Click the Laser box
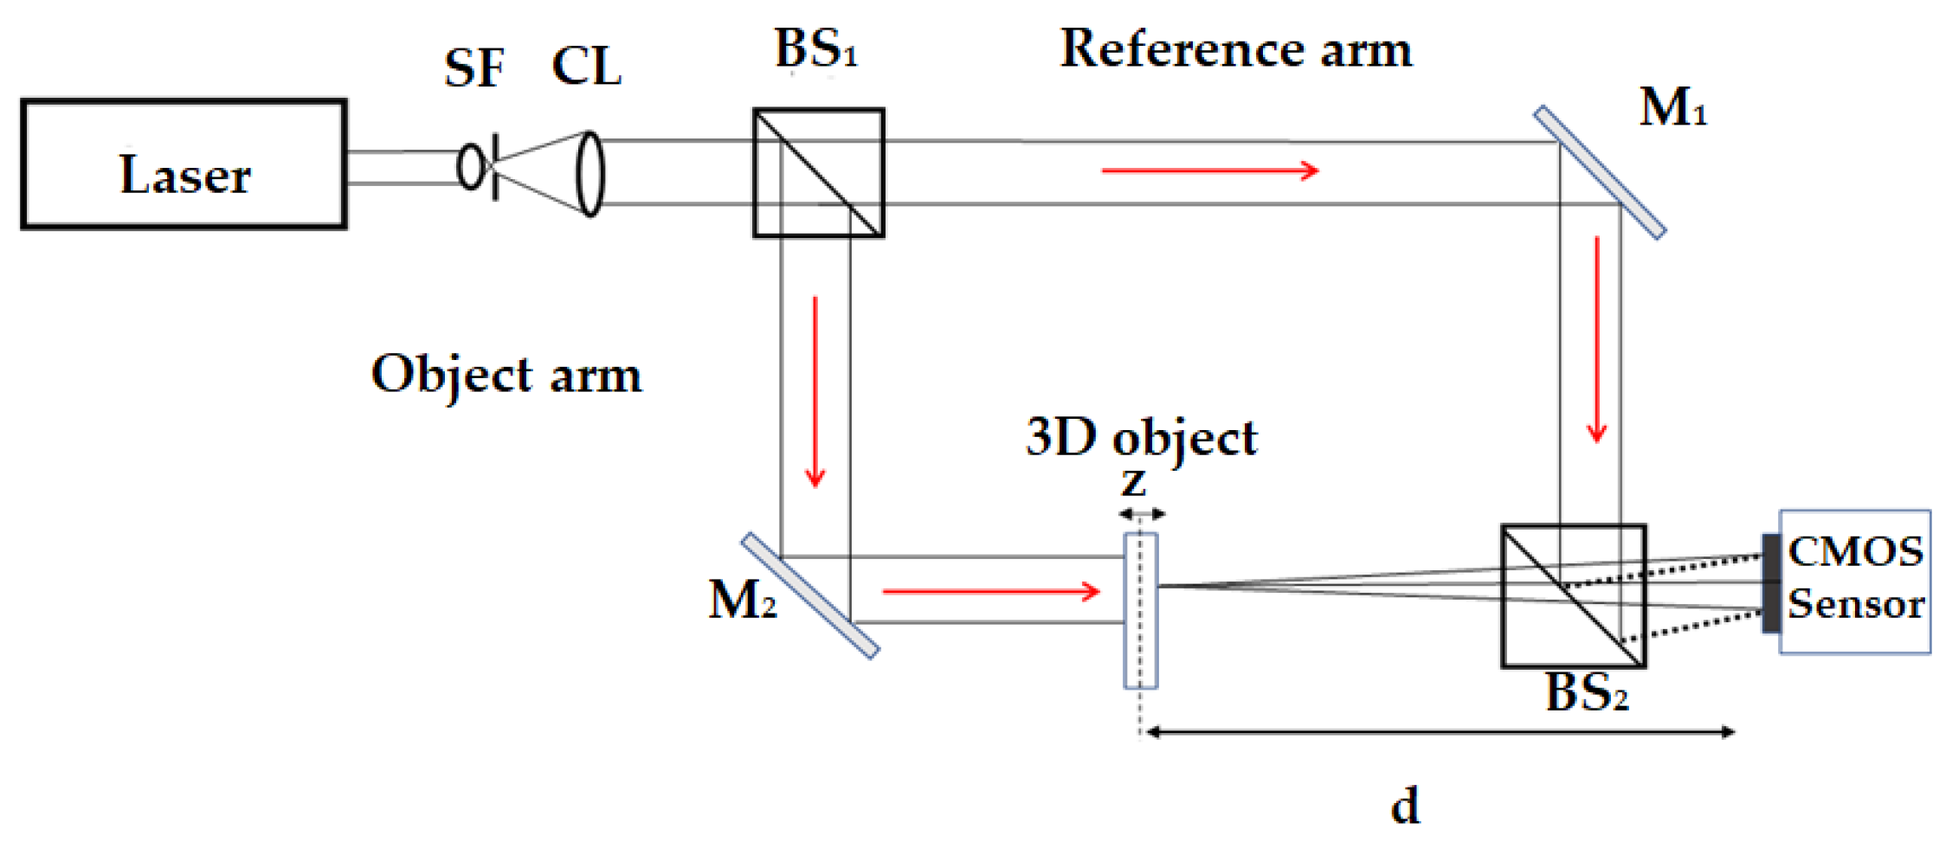point(184,164)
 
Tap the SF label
point(474,67)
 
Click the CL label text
point(586,66)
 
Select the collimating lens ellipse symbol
point(590,173)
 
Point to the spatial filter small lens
point(470,166)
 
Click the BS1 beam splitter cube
point(818,173)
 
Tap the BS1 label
point(815,48)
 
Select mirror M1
point(1600,172)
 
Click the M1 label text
point(1672,108)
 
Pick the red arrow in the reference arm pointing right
point(1209,170)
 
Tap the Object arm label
point(506,375)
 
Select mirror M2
point(810,595)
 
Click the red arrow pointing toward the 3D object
point(990,592)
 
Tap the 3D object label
point(1141,437)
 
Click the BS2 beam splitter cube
point(1573,596)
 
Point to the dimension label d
point(1404,805)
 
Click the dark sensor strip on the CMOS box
point(1772,583)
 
